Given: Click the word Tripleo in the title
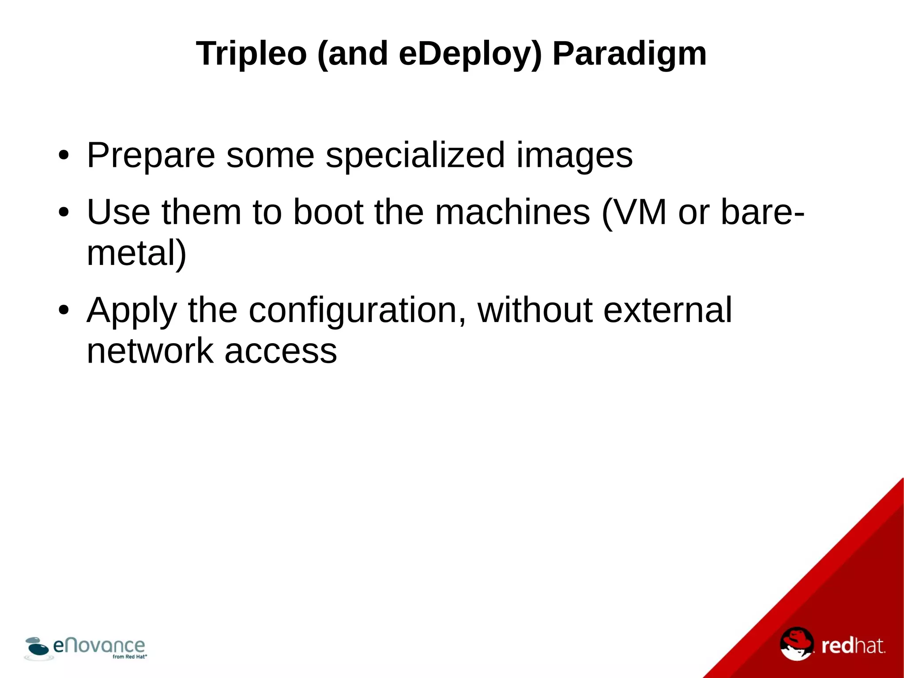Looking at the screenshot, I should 251,54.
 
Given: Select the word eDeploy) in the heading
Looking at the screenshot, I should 470,54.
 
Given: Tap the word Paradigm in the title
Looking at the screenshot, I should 629,54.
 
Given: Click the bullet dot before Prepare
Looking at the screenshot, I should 64,155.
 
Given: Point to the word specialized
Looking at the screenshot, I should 415,155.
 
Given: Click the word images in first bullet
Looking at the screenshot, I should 574,155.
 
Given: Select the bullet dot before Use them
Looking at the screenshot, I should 64,212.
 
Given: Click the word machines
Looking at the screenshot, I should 512,212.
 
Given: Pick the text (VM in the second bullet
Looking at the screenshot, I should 634,212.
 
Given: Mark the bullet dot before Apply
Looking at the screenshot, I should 64,311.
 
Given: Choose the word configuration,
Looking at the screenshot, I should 357,311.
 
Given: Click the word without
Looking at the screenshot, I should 535,311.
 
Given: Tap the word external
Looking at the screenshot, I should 667,311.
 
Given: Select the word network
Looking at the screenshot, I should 150,351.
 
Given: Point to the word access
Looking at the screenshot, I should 281,351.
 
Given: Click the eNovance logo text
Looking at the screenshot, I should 99,646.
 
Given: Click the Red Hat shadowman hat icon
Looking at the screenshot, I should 796,644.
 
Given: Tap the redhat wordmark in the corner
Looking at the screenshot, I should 853,646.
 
